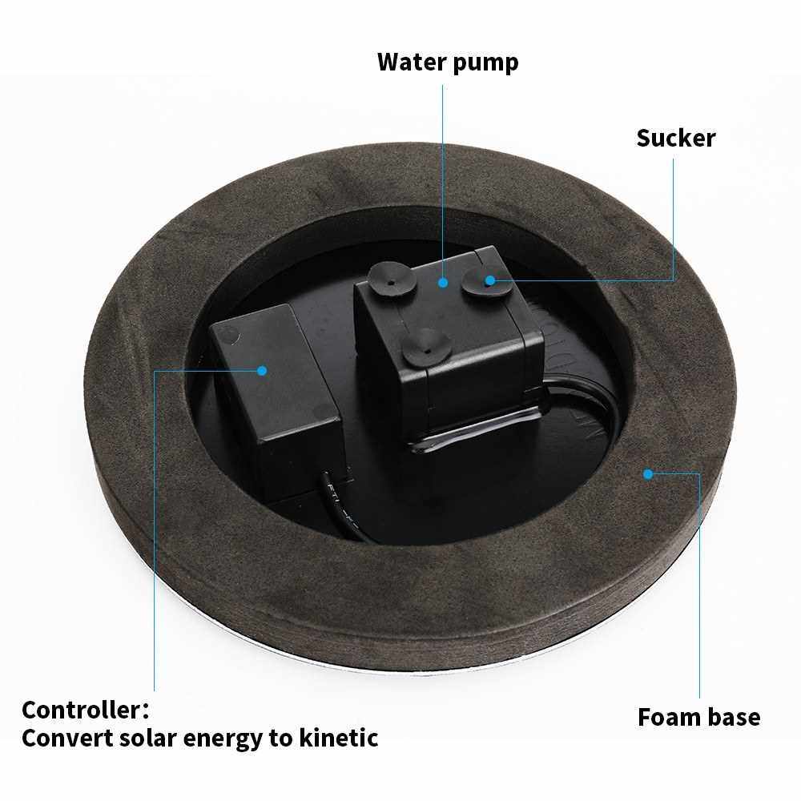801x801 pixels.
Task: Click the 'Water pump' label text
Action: pos(448,62)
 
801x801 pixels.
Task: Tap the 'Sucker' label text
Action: pos(676,138)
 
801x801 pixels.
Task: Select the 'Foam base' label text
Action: pos(698,717)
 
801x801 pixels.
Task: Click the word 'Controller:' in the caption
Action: pos(86,710)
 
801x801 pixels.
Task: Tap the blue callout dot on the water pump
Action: pos(443,282)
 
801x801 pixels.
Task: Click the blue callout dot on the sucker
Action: pos(490,280)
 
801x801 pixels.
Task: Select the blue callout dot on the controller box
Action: pos(262,370)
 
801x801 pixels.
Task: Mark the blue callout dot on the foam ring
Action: pos(648,474)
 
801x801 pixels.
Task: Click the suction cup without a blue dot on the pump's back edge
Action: pos(391,279)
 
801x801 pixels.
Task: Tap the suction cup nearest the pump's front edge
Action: pos(426,348)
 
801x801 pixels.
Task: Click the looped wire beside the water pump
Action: pos(587,404)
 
